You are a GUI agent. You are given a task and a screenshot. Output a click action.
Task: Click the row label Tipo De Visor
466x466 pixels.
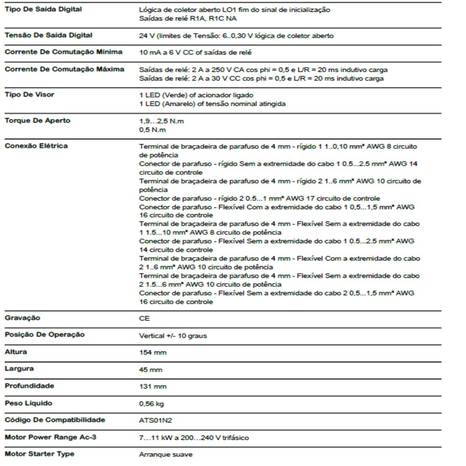pyautogui.click(x=29, y=95)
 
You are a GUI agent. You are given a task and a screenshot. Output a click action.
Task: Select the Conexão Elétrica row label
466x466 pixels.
pyautogui.click(x=36, y=146)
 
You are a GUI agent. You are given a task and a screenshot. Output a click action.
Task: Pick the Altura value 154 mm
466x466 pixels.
pyautogui.click(x=152, y=353)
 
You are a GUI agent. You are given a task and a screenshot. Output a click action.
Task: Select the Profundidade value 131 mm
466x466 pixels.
pyautogui.click(x=152, y=386)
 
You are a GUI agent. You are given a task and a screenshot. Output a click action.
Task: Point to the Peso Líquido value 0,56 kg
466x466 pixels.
pyautogui.click(x=151, y=404)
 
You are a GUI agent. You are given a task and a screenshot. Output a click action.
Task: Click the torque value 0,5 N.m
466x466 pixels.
pyautogui.click(x=152, y=130)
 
